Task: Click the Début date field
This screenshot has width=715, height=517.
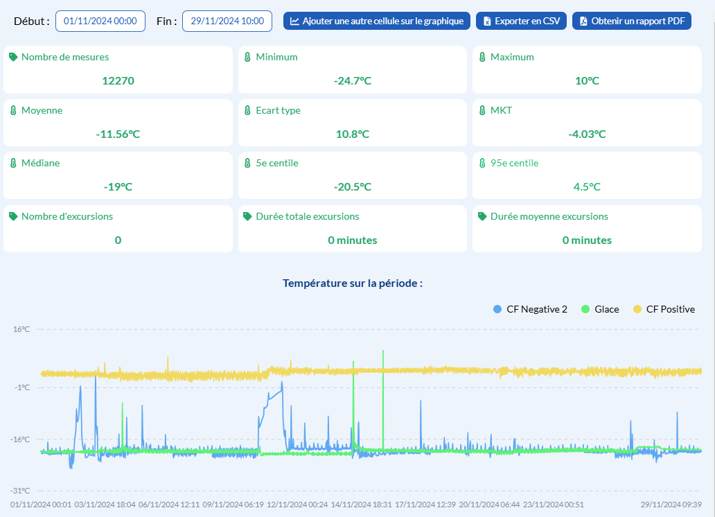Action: click(x=100, y=21)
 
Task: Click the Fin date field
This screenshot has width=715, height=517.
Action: click(x=227, y=21)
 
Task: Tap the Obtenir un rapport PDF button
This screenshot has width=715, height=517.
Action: click(x=632, y=21)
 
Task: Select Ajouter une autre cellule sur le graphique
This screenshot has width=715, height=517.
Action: click(x=376, y=21)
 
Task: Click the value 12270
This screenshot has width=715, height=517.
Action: click(x=118, y=80)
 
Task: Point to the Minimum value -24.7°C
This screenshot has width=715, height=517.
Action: click(x=352, y=80)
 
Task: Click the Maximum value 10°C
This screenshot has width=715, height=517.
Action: click(x=587, y=80)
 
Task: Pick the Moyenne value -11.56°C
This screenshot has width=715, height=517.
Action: click(x=118, y=134)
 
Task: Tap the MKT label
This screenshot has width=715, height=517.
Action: click(x=501, y=110)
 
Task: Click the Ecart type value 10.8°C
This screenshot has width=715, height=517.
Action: click(x=352, y=134)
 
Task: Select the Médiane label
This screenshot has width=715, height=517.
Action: click(x=40, y=163)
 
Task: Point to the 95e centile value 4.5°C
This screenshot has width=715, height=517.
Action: click(x=587, y=186)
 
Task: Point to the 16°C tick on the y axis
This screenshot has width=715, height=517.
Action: click(x=22, y=329)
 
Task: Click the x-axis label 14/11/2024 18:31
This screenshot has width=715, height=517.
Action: click(x=360, y=504)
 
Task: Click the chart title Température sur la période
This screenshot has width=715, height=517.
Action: click(x=353, y=283)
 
